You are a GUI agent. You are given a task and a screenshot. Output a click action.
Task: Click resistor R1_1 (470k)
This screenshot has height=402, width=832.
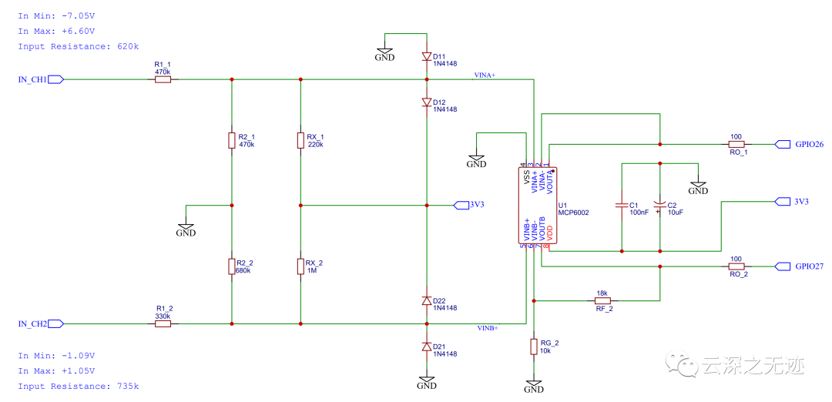tap(163, 79)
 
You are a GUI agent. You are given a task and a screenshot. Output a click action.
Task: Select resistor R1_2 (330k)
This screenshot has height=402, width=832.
tap(163, 324)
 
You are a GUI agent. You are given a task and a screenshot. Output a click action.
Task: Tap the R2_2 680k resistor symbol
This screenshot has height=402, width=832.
tap(231, 266)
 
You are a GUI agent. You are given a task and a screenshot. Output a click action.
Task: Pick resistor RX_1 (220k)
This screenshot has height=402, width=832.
tap(300, 140)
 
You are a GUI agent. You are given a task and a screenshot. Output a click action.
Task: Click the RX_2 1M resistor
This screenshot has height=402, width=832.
tap(300, 266)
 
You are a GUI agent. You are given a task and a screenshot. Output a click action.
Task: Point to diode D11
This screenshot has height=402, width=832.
tap(426, 56)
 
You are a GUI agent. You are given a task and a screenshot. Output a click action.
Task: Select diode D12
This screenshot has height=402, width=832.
tap(426, 102)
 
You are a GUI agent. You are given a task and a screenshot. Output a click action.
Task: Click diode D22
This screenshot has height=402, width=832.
tap(426, 300)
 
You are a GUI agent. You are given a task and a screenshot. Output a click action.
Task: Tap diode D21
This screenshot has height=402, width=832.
tap(426, 347)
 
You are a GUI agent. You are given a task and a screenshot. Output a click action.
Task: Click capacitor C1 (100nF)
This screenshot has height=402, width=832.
tap(621, 206)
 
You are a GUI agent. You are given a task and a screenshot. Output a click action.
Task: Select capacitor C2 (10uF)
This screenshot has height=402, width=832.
tap(659, 206)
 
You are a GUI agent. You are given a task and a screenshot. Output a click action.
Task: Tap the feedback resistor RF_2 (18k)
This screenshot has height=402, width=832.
tap(602, 300)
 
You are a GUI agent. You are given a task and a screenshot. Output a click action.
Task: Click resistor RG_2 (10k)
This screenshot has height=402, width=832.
tap(533, 347)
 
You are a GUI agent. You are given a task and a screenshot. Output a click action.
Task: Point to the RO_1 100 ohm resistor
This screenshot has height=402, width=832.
tap(736, 144)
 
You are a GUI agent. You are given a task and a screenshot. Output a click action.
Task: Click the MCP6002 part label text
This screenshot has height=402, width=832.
tap(573, 213)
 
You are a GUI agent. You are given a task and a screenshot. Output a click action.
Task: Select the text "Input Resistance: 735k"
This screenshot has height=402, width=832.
tap(79, 386)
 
